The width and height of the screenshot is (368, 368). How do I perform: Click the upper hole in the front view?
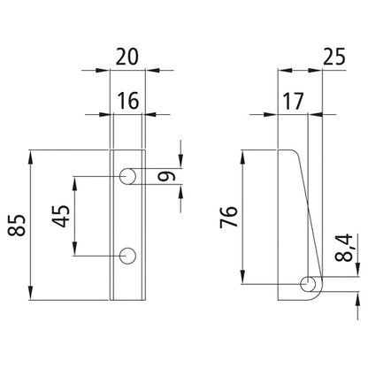point(128,176)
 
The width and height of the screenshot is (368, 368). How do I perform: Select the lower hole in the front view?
point(128,256)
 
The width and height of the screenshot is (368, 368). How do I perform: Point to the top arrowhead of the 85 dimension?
point(33,154)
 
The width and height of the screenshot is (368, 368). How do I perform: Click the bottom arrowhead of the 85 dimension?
point(33,297)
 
